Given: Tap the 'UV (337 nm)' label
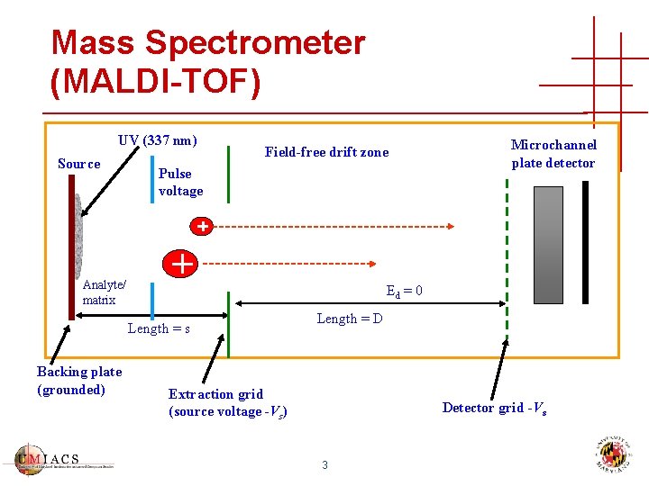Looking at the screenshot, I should tap(157, 140).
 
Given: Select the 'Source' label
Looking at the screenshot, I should tap(78, 164).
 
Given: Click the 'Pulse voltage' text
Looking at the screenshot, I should tap(180, 182).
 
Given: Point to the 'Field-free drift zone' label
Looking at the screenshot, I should tap(326, 152).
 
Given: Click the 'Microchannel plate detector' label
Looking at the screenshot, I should tap(553, 154).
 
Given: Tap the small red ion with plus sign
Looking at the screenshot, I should tap(204, 226).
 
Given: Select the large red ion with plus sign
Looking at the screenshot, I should tap(182, 264).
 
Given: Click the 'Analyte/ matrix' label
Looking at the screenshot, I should tap(104, 292).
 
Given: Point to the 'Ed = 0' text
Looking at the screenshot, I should tap(404, 292).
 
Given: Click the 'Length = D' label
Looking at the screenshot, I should tap(349, 319).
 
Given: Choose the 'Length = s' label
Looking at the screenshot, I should tap(158, 328).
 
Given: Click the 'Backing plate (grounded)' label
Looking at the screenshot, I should tap(78, 381).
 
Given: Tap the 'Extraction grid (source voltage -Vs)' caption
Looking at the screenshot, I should tap(227, 402).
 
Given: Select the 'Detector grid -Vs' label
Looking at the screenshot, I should tap(494, 408).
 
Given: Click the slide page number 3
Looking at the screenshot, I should tap(324, 464).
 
